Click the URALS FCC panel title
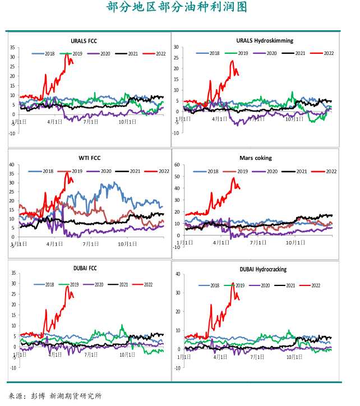tap(87, 41)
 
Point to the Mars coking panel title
tap(256, 158)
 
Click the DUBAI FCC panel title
tap(85, 268)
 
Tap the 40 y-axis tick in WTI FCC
tap(13, 165)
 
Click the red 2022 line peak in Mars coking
tap(233, 178)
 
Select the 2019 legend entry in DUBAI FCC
tap(72, 285)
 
